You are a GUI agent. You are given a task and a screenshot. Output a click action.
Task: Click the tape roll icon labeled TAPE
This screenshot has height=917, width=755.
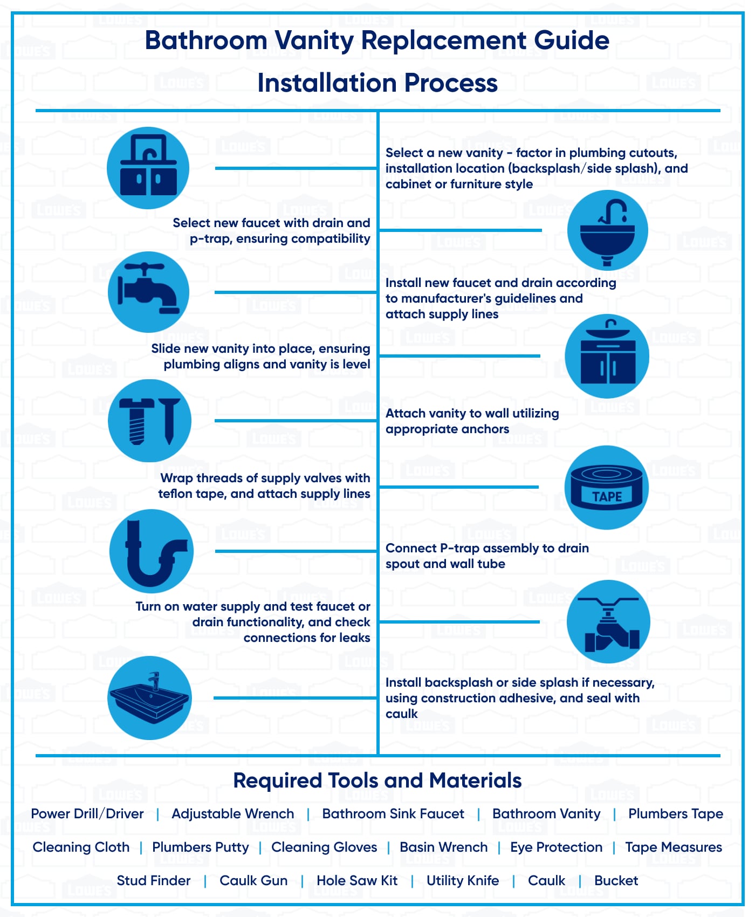606,488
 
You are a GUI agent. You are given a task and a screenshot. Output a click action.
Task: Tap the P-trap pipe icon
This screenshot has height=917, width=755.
151,551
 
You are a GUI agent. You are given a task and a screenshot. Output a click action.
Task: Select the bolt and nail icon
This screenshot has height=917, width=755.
149,421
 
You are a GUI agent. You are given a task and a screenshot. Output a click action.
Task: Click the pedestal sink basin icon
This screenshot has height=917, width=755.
607,230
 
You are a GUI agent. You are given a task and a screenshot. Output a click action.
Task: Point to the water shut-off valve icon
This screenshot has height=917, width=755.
608,622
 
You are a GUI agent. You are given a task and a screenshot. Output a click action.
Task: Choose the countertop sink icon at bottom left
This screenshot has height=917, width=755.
149,698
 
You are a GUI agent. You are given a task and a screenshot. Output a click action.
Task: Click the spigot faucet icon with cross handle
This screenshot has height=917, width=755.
148,292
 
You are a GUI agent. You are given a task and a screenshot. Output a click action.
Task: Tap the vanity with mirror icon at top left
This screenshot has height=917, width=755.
148,168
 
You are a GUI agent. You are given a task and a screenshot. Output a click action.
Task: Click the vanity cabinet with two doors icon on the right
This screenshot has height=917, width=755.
607,356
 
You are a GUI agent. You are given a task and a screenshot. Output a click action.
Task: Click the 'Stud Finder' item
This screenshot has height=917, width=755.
154,881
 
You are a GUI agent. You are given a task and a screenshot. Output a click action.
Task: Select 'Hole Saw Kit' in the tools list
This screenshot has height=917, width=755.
357,881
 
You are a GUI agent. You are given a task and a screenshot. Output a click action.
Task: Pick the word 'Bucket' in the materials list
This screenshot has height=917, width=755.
616,881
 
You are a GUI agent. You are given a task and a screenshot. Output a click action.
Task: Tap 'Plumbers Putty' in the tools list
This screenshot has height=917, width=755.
201,847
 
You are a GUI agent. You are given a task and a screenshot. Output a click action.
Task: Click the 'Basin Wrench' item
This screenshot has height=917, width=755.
443,847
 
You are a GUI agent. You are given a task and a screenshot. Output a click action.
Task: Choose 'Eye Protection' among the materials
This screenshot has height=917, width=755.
556,847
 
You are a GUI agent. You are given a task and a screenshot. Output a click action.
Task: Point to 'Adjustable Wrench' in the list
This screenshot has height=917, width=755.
233,814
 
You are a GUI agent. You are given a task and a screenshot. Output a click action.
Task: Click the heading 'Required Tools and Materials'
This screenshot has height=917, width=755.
377,781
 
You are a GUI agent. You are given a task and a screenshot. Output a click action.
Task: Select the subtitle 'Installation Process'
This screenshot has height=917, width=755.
377,83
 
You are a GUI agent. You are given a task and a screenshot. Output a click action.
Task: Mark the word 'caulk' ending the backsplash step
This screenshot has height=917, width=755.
401,714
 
